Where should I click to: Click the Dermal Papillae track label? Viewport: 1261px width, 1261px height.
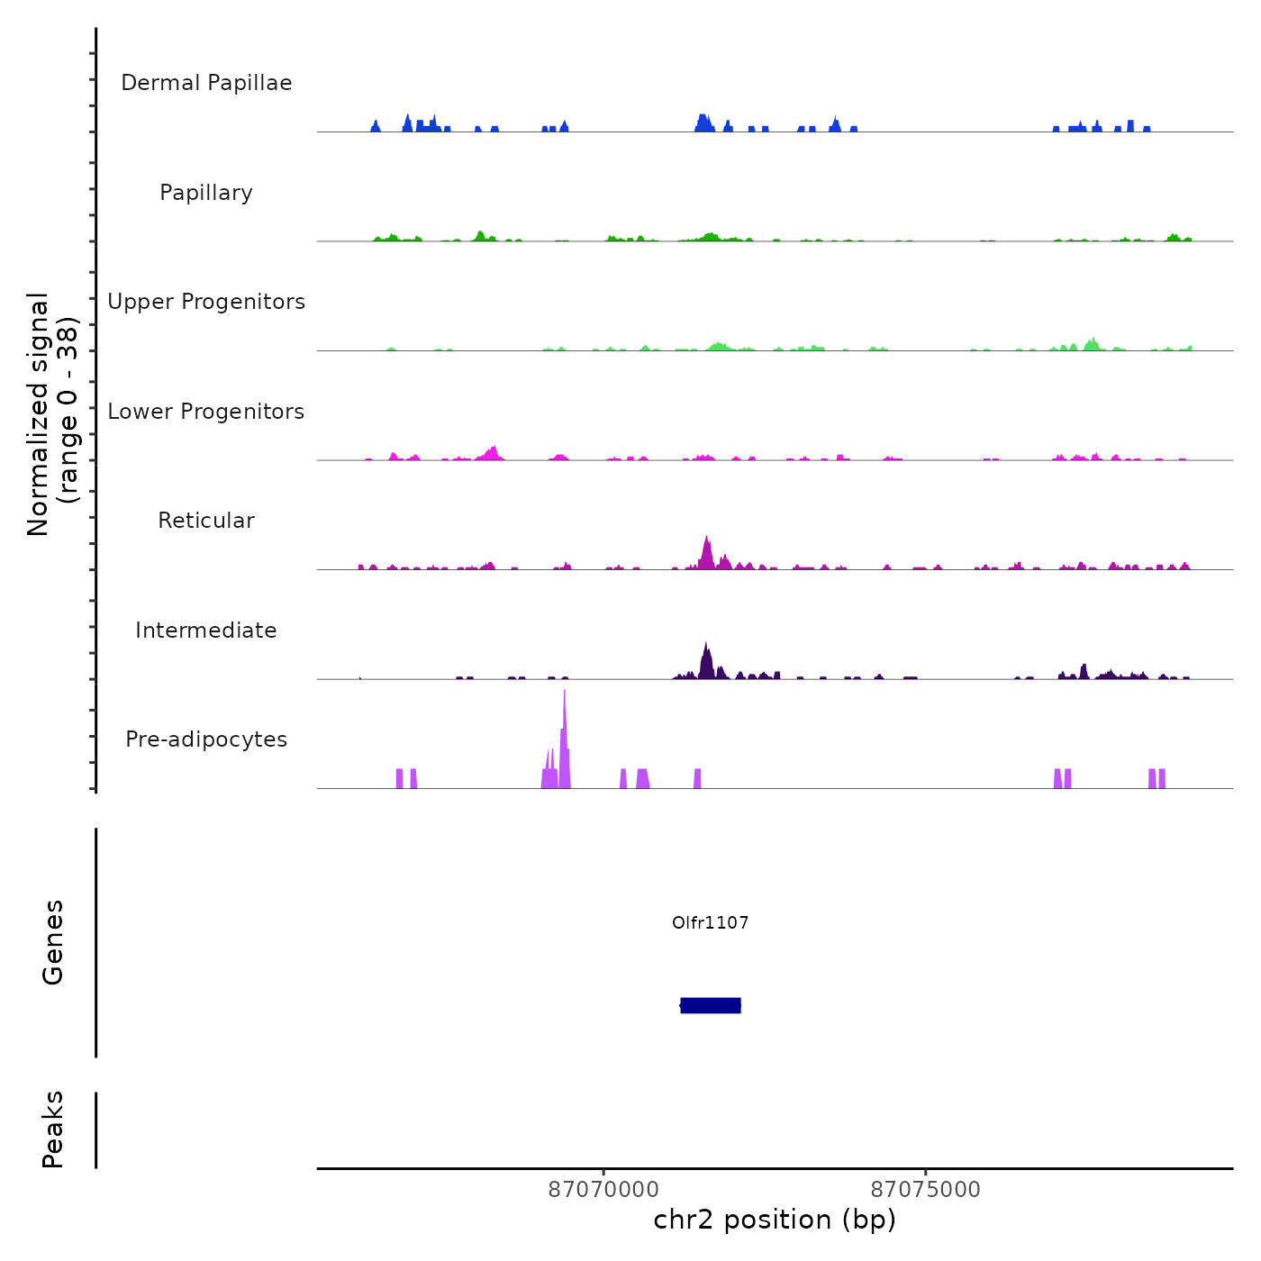click(206, 83)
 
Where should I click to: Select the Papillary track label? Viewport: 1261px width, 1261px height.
click(206, 193)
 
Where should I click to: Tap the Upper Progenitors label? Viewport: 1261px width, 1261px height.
click(206, 302)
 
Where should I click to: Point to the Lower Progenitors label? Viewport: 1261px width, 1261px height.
click(206, 412)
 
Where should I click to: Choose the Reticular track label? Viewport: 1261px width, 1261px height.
click(206, 521)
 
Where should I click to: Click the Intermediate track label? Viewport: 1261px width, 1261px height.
click(206, 630)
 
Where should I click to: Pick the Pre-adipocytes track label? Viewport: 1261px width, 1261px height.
click(206, 739)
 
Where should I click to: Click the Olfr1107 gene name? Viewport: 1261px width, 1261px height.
click(711, 922)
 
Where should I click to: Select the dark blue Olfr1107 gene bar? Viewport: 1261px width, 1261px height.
click(711, 1005)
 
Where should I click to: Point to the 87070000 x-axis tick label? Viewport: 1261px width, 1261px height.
click(603, 1189)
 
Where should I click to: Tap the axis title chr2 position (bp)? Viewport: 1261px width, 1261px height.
click(775, 1220)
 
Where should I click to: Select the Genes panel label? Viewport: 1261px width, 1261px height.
click(53, 942)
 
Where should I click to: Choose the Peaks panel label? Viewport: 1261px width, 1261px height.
click(53, 1129)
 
